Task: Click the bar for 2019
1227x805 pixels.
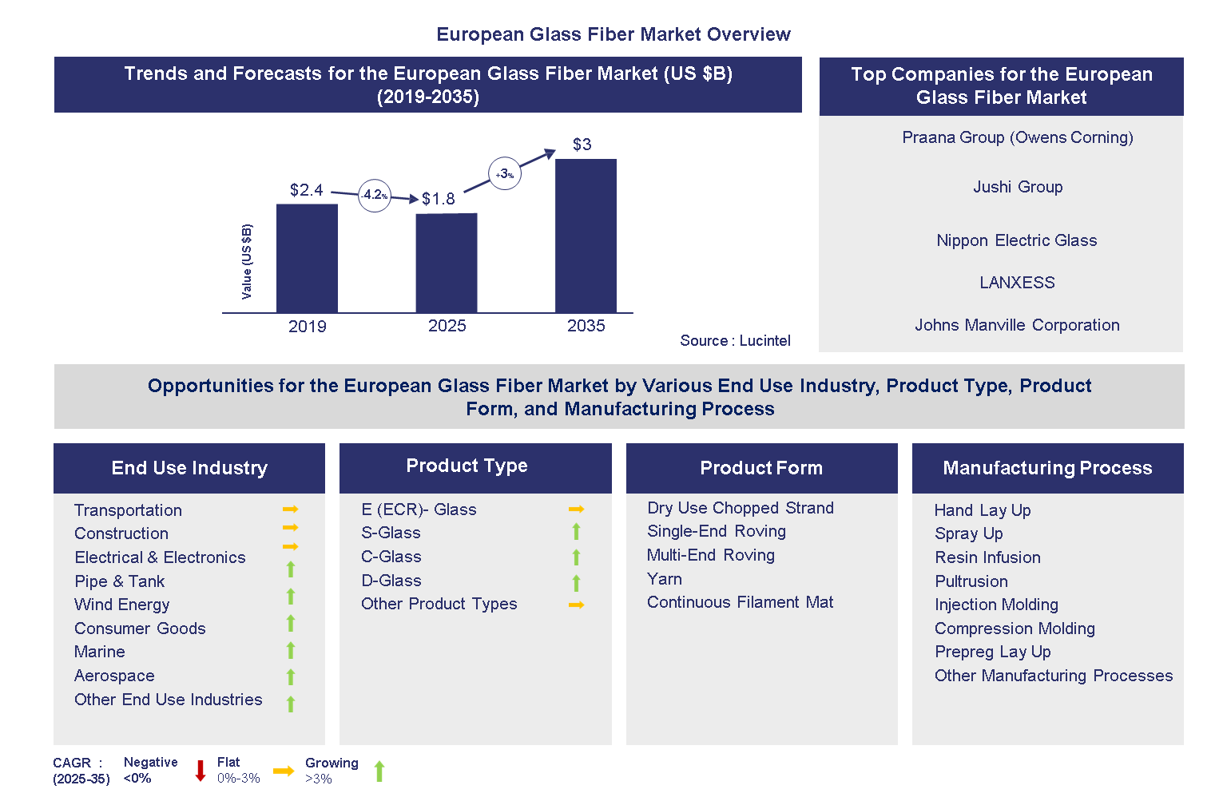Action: (x=307, y=258)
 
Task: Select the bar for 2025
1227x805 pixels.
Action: (x=447, y=263)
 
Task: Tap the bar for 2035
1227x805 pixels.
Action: (x=586, y=236)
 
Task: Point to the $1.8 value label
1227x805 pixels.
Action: (x=438, y=199)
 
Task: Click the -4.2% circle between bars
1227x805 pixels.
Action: (x=374, y=195)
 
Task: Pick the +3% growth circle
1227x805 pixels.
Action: (x=504, y=173)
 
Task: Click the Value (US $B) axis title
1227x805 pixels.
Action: (x=247, y=262)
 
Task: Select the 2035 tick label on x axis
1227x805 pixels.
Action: (x=586, y=326)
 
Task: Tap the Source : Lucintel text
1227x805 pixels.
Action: (x=735, y=341)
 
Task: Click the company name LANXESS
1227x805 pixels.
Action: (x=1017, y=283)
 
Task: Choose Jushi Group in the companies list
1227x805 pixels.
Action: (x=1017, y=187)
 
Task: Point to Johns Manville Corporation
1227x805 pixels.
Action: (x=1017, y=325)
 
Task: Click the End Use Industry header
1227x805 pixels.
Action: (x=189, y=468)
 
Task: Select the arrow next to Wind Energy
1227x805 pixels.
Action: (x=291, y=597)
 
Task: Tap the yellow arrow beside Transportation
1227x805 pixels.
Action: (x=290, y=510)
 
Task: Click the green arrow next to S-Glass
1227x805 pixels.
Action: (x=576, y=532)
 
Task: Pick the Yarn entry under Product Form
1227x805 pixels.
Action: (x=665, y=579)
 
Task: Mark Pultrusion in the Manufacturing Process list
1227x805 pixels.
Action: (x=971, y=581)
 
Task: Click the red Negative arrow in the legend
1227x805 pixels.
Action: (x=201, y=771)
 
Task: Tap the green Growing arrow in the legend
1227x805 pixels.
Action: (x=379, y=771)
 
